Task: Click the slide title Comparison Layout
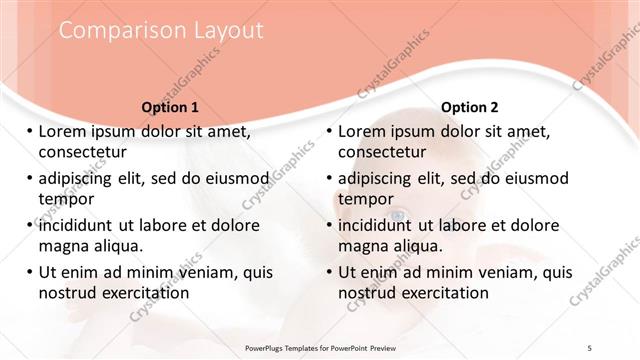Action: tap(161, 31)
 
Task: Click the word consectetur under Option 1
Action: tap(82, 152)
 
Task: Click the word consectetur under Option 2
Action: tap(382, 152)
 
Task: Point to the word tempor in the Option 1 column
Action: tap(65, 198)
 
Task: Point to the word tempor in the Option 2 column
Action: tap(365, 198)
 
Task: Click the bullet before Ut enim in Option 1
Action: tap(29, 272)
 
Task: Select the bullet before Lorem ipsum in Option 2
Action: tap(329, 132)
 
